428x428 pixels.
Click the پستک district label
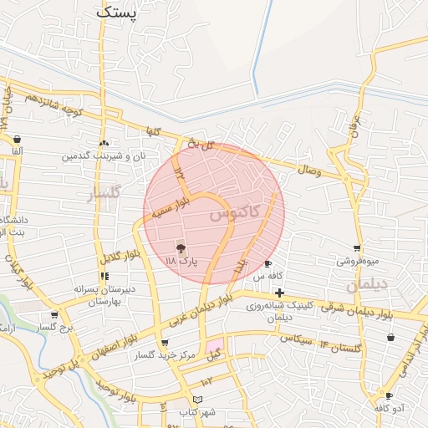pyautogui.click(x=116, y=12)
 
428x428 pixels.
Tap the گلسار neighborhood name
pyautogui.click(x=105, y=196)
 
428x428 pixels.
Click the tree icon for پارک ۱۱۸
pyautogui.click(x=181, y=247)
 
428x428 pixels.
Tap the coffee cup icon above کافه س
pyautogui.click(x=267, y=263)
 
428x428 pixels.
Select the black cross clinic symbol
pyautogui.click(x=279, y=293)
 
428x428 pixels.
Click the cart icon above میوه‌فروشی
pyautogui.click(x=358, y=248)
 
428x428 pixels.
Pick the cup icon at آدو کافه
pyautogui.click(x=390, y=395)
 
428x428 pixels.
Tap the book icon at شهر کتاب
pyautogui.click(x=197, y=400)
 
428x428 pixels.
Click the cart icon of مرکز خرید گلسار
pyautogui.click(x=165, y=343)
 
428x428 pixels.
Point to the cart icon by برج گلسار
pyautogui.click(x=54, y=315)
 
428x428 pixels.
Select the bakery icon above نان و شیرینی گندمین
pyautogui.click(x=104, y=143)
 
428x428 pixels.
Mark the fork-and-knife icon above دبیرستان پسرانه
pyautogui.click(x=104, y=276)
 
